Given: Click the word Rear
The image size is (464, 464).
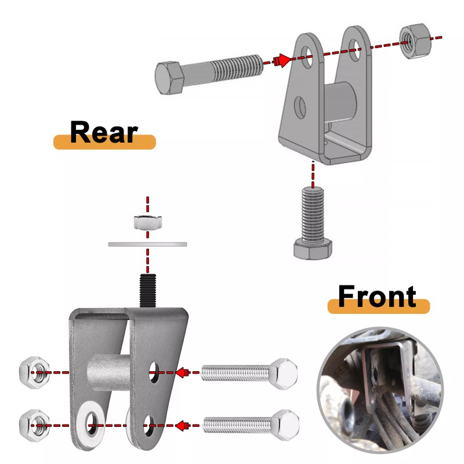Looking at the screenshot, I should pyautogui.click(x=104, y=132).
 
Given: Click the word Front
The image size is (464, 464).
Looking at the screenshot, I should pyautogui.click(x=377, y=296).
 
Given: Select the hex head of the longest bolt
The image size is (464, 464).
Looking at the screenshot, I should pyautogui.click(x=169, y=78).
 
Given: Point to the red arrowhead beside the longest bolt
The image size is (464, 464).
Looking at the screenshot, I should pyautogui.click(x=282, y=60).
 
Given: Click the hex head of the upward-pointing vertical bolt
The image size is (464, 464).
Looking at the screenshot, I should pyautogui.click(x=313, y=249).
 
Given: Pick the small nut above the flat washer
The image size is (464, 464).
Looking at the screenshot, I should pyautogui.click(x=147, y=222).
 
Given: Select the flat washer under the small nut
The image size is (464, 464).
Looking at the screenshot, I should pyautogui.click(x=148, y=244).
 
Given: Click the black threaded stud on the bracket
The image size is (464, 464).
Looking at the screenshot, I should pyautogui.click(x=148, y=289).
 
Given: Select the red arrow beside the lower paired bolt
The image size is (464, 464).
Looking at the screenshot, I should pyautogui.click(x=182, y=426).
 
